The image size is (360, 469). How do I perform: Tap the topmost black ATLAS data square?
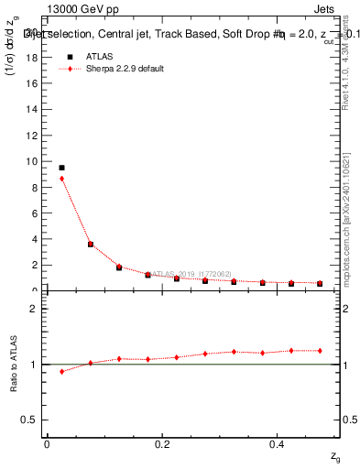pyautogui.click(x=61, y=168)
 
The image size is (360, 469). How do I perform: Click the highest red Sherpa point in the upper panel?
pyautogui.click(x=61, y=179)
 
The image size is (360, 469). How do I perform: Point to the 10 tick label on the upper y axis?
pyautogui.click(x=34, y=161)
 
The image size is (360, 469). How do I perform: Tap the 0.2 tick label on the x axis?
pyautogui.click(x=162, y=444)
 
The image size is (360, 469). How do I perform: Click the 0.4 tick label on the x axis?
pyautogui.click(x=278, y=444)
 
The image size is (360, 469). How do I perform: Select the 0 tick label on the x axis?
pyautogui.click(x=47, y=444)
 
